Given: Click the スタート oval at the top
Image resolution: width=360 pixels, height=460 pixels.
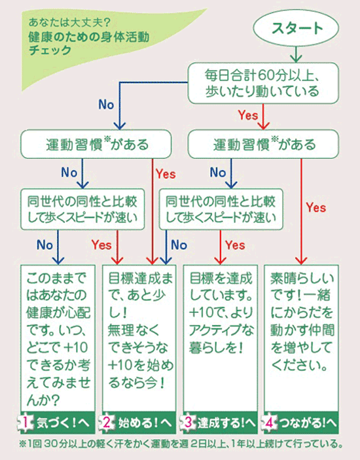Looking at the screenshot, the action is pos(296,28).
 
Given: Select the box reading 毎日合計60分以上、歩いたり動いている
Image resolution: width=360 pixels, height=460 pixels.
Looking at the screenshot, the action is pos(263,83).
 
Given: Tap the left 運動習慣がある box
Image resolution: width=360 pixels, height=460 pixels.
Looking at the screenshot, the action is pos(96,144).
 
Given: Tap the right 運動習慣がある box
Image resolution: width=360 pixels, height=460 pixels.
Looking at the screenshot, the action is pos(263,144).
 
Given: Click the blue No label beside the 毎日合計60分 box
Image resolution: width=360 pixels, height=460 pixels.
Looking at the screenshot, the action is pos(106,105).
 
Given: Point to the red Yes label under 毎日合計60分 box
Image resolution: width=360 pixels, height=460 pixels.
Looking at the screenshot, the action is pos(248,115).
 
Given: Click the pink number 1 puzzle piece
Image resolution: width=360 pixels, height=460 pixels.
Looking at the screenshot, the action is pos(26,423).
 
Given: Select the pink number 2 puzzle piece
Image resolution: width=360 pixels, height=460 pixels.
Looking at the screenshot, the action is pos(106,423).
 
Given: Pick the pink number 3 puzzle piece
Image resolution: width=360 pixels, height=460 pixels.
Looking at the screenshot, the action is pos(188,423).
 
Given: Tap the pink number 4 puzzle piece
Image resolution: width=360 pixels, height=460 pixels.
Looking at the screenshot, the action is pos(269,423).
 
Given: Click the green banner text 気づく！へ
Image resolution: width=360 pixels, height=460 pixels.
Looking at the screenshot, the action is pos(62,423).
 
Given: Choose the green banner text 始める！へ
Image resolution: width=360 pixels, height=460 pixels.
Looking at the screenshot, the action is pos(145,423).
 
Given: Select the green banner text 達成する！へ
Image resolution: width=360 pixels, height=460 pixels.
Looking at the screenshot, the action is pos(226,423).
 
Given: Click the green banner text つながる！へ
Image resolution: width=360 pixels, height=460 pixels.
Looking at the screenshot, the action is pos(308,423).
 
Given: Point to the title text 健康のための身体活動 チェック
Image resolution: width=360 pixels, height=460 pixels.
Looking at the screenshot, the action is pos(89,43).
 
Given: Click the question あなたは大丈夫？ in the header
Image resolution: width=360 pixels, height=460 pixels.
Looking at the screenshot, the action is pos(69,22).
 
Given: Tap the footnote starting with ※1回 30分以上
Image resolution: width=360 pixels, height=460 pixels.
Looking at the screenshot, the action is pos(181,444).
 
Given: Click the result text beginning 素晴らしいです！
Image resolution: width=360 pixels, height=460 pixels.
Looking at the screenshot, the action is pos(302,321).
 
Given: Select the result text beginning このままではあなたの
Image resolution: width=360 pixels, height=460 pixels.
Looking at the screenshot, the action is pos(58,339).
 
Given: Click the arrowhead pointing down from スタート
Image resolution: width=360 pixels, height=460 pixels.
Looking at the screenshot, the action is pos(296,59).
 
